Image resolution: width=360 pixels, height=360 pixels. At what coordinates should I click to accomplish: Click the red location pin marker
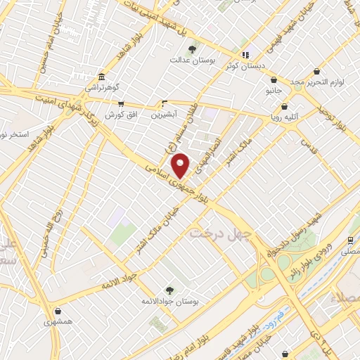coord(181,165)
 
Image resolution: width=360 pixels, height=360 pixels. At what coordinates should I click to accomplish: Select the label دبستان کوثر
coord(245,65)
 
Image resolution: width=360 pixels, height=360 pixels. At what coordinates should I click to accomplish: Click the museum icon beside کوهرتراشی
coord(103,76)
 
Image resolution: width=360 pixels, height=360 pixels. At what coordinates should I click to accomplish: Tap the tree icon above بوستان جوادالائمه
coord(169,289)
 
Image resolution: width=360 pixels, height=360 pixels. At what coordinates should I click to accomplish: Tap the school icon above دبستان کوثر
coord(245,54)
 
